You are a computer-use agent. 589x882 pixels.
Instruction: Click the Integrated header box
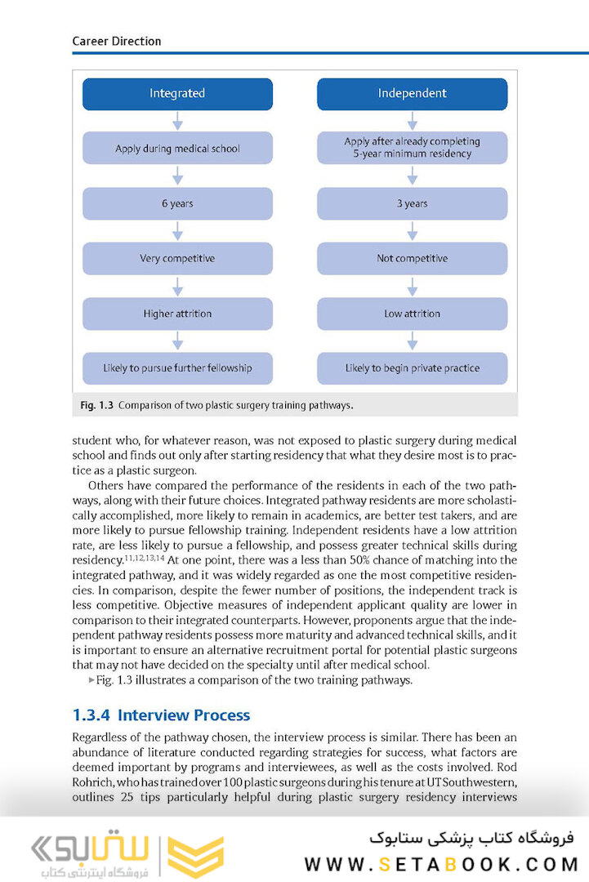177,94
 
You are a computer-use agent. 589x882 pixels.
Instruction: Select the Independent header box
412,94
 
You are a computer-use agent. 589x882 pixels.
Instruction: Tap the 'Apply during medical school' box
177,149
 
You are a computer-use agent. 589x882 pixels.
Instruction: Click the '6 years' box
177,204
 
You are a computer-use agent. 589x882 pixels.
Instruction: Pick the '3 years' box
412,204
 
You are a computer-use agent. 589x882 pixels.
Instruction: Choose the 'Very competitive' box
177,259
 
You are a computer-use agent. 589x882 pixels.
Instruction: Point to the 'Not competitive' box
412,259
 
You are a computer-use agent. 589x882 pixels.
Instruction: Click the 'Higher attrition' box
177,314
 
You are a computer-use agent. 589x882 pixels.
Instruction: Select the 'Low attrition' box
412,314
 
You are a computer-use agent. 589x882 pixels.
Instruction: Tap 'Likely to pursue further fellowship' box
177,368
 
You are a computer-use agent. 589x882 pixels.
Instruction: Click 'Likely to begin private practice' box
412,368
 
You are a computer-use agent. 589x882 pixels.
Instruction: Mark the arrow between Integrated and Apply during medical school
177,122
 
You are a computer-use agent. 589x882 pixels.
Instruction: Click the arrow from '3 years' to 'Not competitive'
413,231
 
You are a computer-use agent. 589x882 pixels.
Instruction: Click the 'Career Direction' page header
117,41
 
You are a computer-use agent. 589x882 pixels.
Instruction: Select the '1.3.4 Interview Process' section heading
161,715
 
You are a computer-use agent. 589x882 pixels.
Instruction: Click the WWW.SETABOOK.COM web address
441,864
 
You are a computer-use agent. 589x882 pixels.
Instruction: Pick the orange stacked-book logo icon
195,856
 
